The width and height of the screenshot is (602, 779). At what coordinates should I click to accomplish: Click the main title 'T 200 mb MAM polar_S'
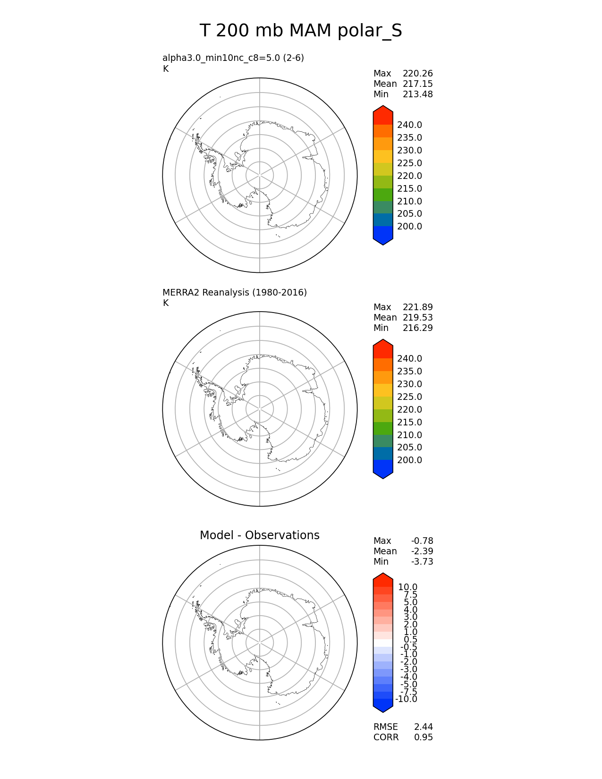click(301, 31)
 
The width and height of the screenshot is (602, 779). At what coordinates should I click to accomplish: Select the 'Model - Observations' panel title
click(259, 535)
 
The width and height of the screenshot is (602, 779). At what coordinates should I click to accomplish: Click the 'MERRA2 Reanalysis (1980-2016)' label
click(234, 292)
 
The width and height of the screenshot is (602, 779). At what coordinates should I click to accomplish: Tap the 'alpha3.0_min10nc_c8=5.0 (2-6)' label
click(233, 58)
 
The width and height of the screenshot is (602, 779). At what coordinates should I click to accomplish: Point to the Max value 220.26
click(417, 74)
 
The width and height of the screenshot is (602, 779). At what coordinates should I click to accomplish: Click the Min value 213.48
click(417, 94)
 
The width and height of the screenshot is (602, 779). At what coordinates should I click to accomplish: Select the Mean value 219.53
click(417, 318)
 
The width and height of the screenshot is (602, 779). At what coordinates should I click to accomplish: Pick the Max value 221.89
click(417, 307)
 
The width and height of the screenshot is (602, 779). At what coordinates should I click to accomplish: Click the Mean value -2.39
click(422, 551)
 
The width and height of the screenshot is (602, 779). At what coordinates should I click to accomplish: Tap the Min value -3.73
click(422, 562)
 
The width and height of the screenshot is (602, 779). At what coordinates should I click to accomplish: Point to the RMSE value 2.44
click(423, 727)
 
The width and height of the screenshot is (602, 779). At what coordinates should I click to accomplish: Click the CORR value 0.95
click(423, 737)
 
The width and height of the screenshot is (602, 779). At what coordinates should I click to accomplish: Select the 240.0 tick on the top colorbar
click(409, 125)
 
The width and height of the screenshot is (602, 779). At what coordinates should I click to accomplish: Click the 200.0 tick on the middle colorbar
click(409, 460)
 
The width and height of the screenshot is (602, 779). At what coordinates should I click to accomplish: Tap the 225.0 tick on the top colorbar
click(409, 163)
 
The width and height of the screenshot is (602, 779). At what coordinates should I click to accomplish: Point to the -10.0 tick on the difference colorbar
click(406, 699)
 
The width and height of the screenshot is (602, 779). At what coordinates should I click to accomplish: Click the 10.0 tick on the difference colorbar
click(407, 587)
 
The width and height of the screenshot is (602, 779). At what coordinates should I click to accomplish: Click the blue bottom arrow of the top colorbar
click(383, 237)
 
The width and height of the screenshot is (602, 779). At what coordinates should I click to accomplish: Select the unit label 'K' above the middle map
click(166, 303)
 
